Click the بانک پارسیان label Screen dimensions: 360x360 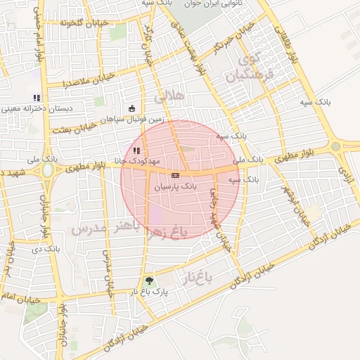pyautogui.click(x=174, y=188)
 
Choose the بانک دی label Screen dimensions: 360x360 pyautogui.click(x=50, y=248)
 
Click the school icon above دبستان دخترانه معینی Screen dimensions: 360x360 pyautogui.click(x=37, y=97)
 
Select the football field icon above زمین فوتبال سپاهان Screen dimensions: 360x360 pyautogui.click(x=132, y=108)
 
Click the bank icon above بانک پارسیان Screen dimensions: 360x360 pyautogui.click(x=174, y=175)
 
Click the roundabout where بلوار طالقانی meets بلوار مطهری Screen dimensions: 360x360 pyautogui.click(x=335, y=146)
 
